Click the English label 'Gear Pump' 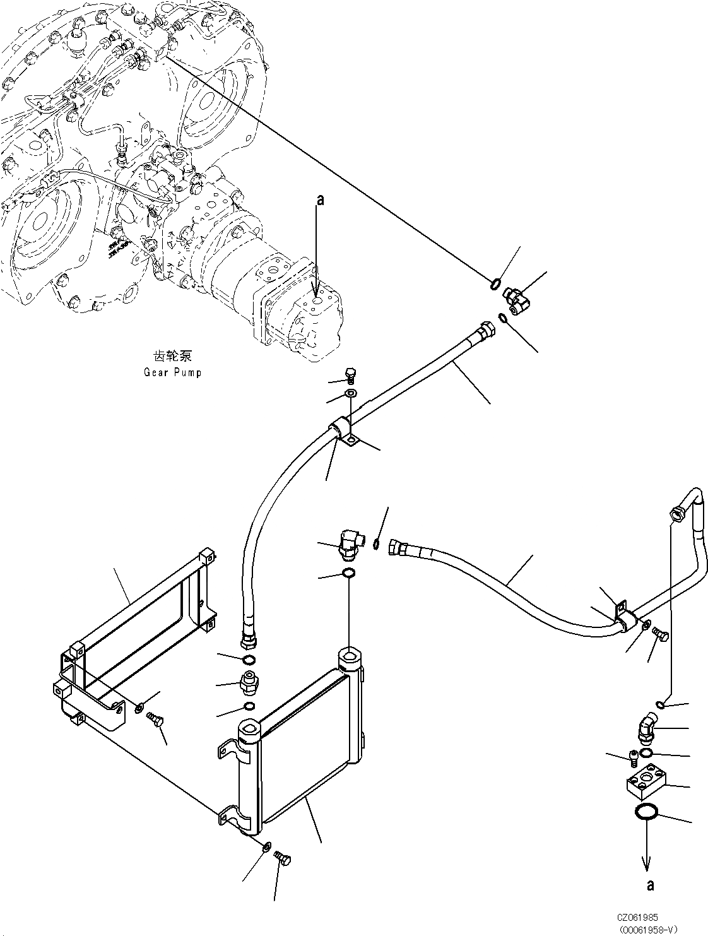(x=172, y=372)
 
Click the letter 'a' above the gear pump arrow (x=320, y=200)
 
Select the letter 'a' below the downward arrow (x=651, y=886)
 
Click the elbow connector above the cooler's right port (x=348, y=543)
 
